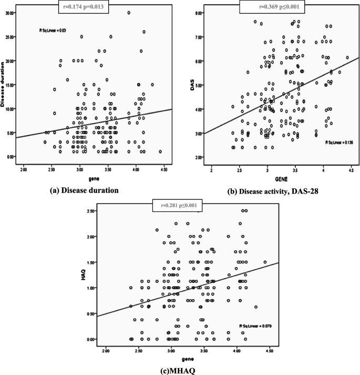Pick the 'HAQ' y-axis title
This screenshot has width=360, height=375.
coord(84,275)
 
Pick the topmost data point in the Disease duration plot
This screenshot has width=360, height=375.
coord(129,13)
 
